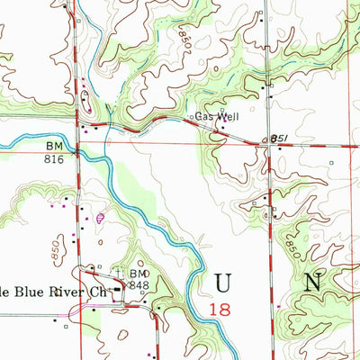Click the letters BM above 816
tap(55, 145)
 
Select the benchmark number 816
tap(55, 156)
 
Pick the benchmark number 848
tap(138, 285)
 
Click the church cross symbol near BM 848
tap(118, 270)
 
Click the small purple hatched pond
tap(100, 216)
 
